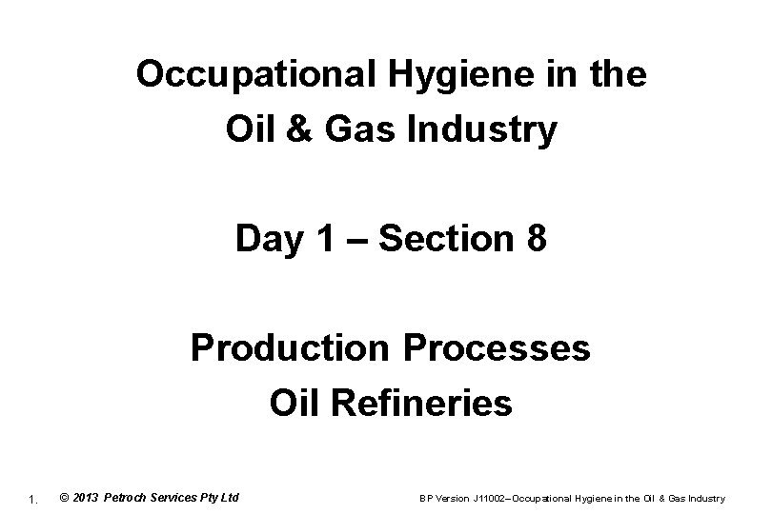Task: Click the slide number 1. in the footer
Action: point(33,499)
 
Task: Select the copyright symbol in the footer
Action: point(63,498)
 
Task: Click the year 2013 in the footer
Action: point(86,498)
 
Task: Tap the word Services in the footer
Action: point(183,498)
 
